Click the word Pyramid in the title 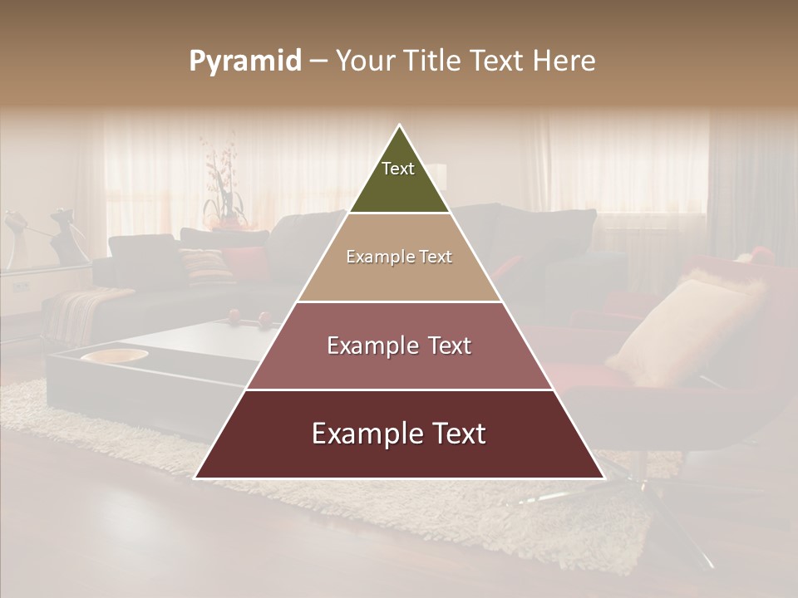coord(245,61)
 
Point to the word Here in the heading coord(564,61)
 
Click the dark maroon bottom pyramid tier coord(399,457)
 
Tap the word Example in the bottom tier coord(362,434)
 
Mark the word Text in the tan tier coord(436,257)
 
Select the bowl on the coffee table coord(114,355)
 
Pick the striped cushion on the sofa coord(206,264)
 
